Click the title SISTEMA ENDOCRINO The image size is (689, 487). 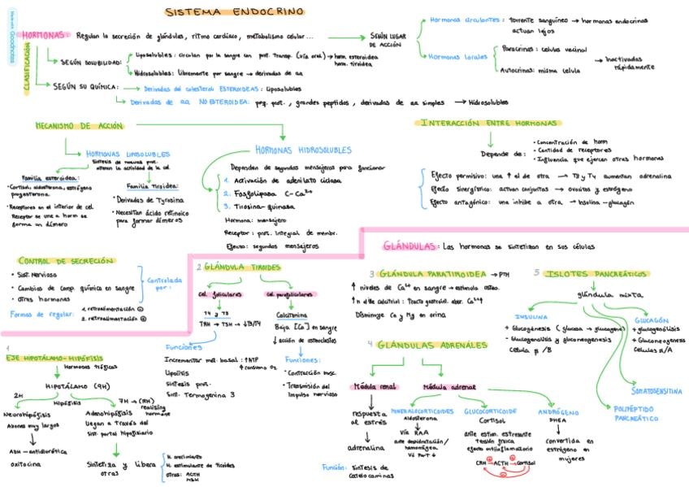pos(235,11)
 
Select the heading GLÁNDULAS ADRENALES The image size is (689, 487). pos(427,345)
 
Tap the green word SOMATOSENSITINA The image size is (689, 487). pos(647,391)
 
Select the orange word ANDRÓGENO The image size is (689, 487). pos(558,411)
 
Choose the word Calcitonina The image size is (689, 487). pos(293,316)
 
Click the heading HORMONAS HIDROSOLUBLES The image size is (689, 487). pos(303,150)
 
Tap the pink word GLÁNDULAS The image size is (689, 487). pos(409,245)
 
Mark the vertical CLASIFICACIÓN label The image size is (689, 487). pos(27,70)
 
